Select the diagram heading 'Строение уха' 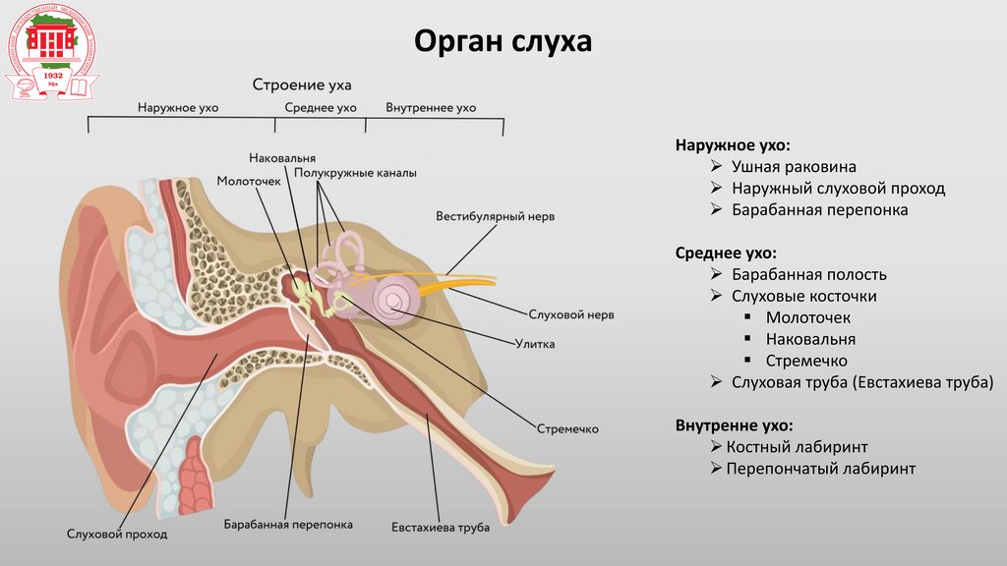click(302, 85)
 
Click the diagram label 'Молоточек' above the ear click(249, 181)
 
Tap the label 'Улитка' click(535, 344)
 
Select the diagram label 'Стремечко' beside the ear click(567, 429)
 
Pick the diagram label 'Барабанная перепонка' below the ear click(287, 525)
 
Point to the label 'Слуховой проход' click(117, 535)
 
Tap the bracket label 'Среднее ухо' click(320, 107)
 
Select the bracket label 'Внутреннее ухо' click(431, 107)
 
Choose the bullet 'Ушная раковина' click(794, 167)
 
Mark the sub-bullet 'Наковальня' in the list click(810, 339)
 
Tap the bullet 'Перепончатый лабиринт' click(820, 469)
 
